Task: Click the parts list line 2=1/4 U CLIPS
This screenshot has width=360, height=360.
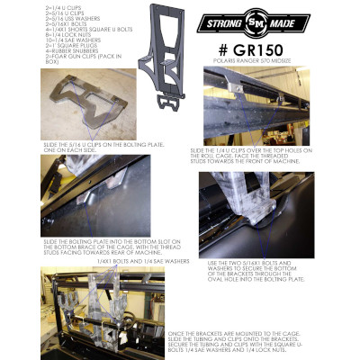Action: pyautogui.click(x=59, y=6)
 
